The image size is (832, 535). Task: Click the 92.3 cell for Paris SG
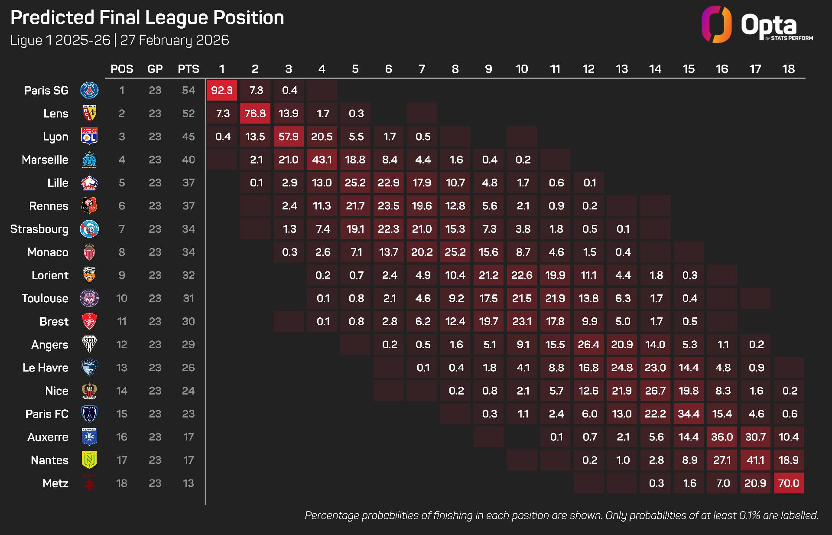tap(222, 90)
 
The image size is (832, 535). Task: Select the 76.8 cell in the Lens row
tap(255, 114)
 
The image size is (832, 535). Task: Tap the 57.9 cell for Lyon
tap(289, 137)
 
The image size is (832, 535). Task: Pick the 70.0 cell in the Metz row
tap(788, 483)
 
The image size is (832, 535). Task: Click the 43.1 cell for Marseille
tap(322, 160)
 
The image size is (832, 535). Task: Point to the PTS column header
tap(188, 69)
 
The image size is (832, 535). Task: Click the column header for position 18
tap(788, 69)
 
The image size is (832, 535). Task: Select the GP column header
tap(155, 69)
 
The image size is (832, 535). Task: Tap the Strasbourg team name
tap(39, 229)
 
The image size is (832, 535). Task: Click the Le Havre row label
tap(45, 368)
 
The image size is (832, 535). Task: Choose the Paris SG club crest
tap(89, 90)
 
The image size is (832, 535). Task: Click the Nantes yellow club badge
tap(89, 460)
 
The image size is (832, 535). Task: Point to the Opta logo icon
tap(716, 24)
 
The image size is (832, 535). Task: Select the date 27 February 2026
tap(175, 40)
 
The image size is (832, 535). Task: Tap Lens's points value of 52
tap(188, 114)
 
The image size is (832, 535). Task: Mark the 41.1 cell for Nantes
tap(755, 460)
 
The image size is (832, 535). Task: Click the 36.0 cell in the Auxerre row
tap(722, 437)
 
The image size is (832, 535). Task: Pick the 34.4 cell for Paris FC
tap(689, 414)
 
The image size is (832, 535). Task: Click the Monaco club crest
tap(89, 252)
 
